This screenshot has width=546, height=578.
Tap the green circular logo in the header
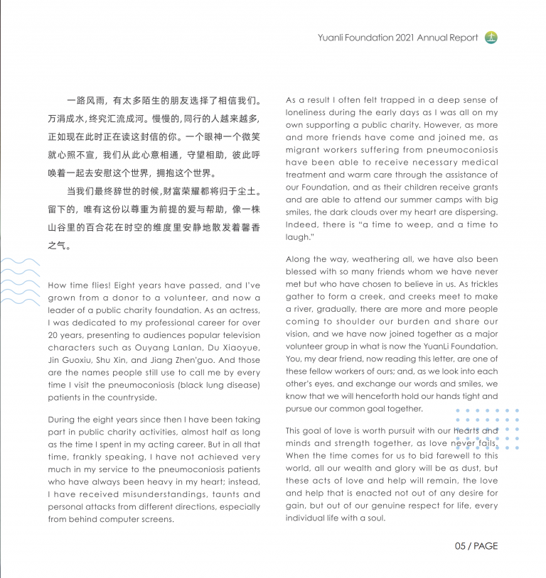pos(491,38)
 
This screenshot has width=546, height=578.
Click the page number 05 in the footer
pos(461,546)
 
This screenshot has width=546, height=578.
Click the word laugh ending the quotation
pos(299,237)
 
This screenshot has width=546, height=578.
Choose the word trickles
pos(479,284)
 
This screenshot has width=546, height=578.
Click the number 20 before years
pos(53,334)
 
